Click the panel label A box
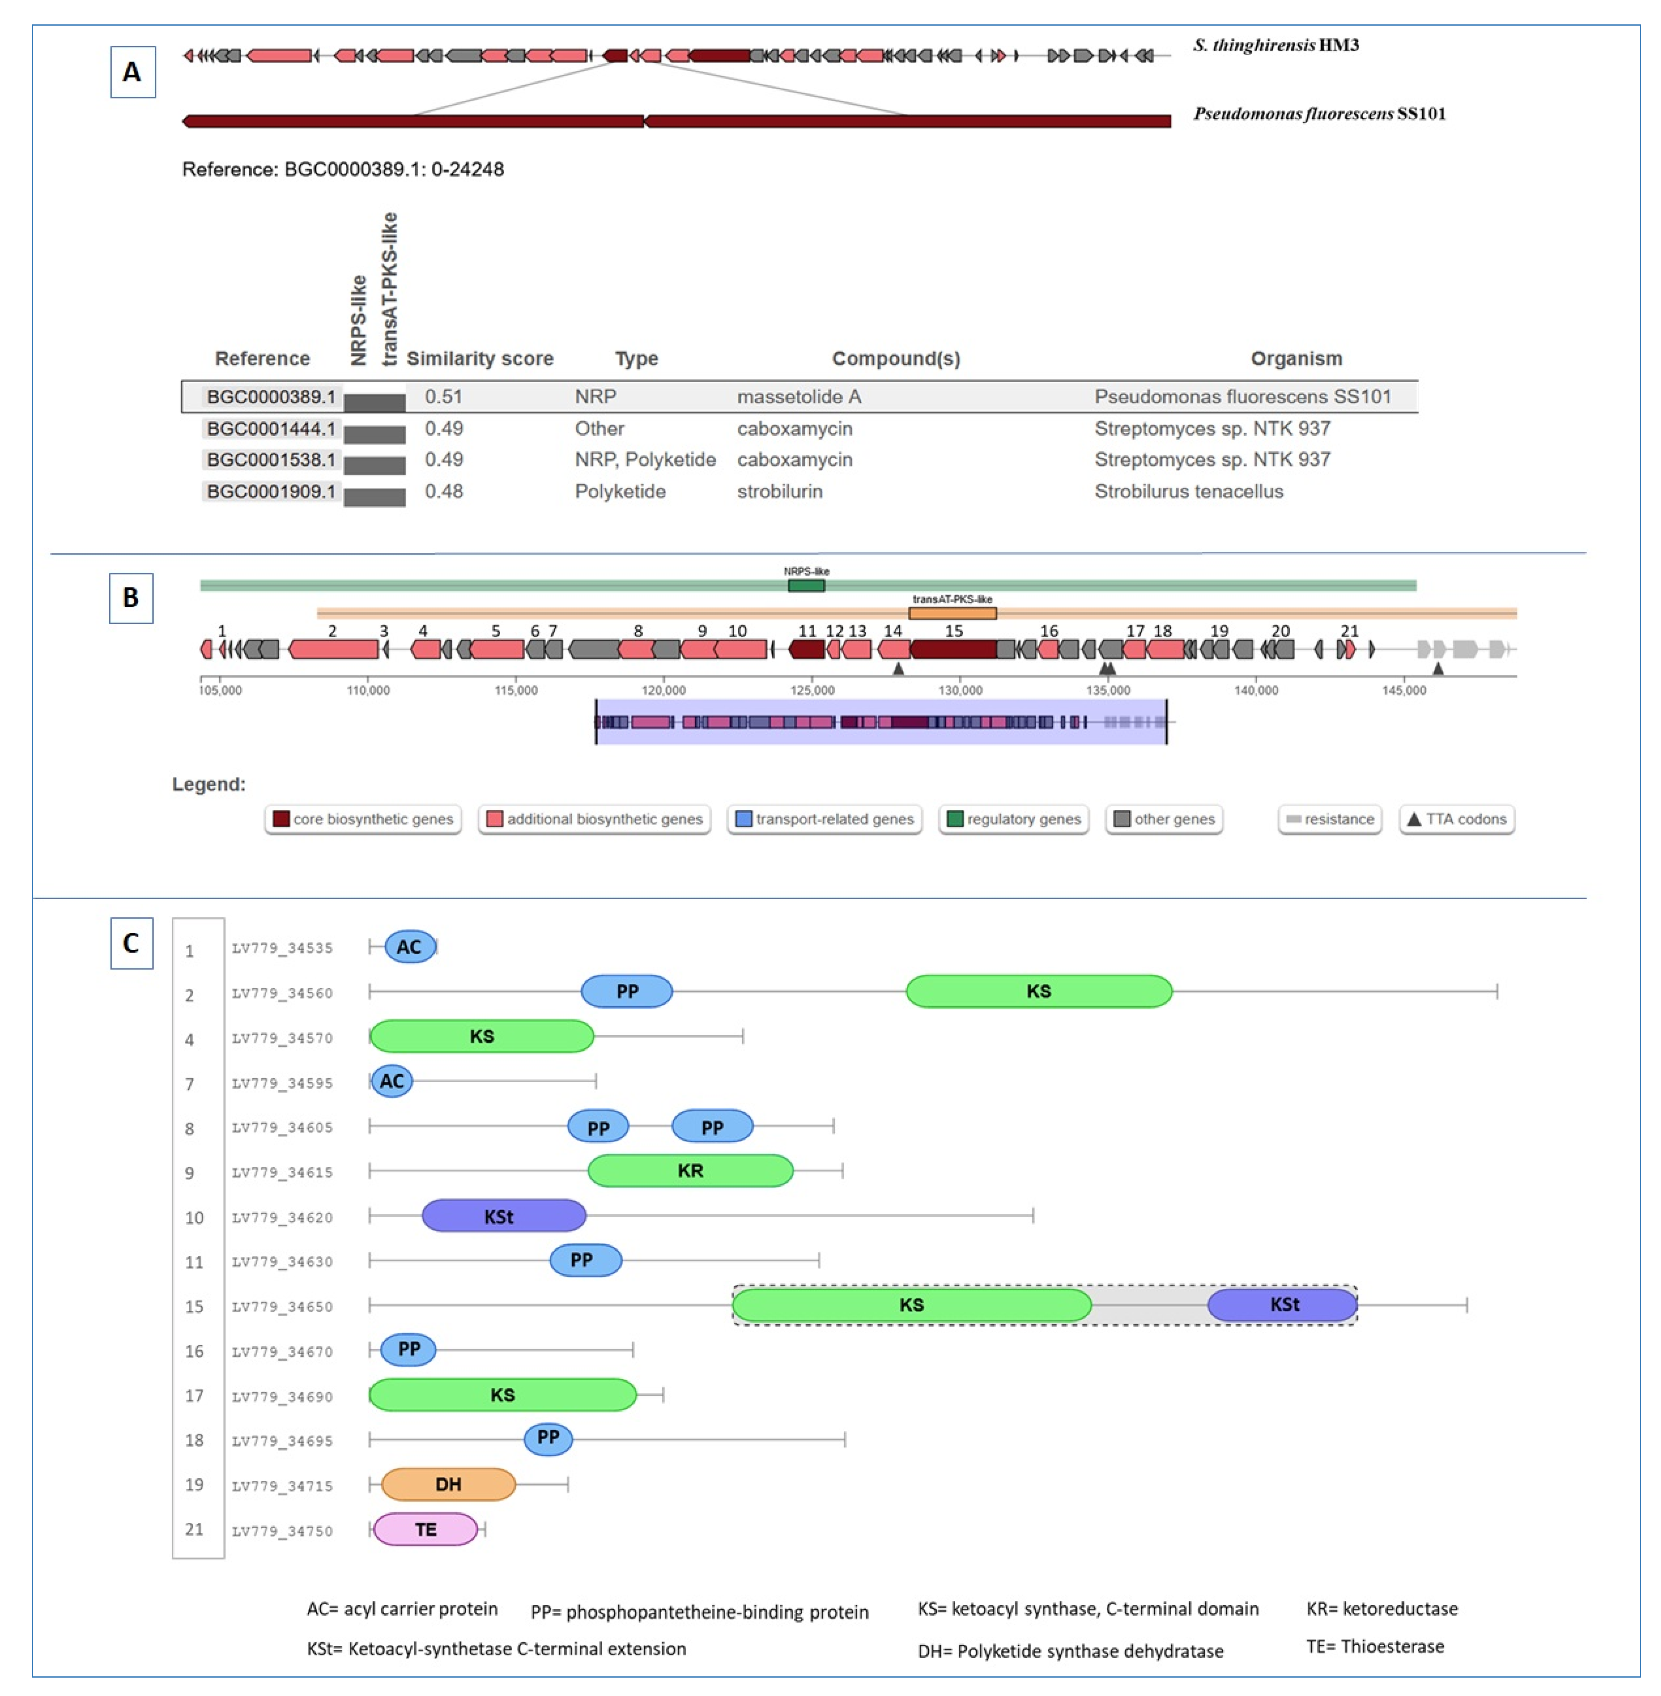(132, 72)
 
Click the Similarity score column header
(480, 358)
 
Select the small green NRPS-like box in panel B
(806, 585)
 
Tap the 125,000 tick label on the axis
(812, 690)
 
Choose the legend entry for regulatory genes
(1014, 819)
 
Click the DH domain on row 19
(449, 1484)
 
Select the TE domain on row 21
(426, 1530)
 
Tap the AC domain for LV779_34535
(409, 947)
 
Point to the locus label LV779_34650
(282, 1306)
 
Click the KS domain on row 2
(1038, 991)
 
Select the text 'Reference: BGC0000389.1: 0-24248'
(343, 169)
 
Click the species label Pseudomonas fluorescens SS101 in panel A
(1319, 113)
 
